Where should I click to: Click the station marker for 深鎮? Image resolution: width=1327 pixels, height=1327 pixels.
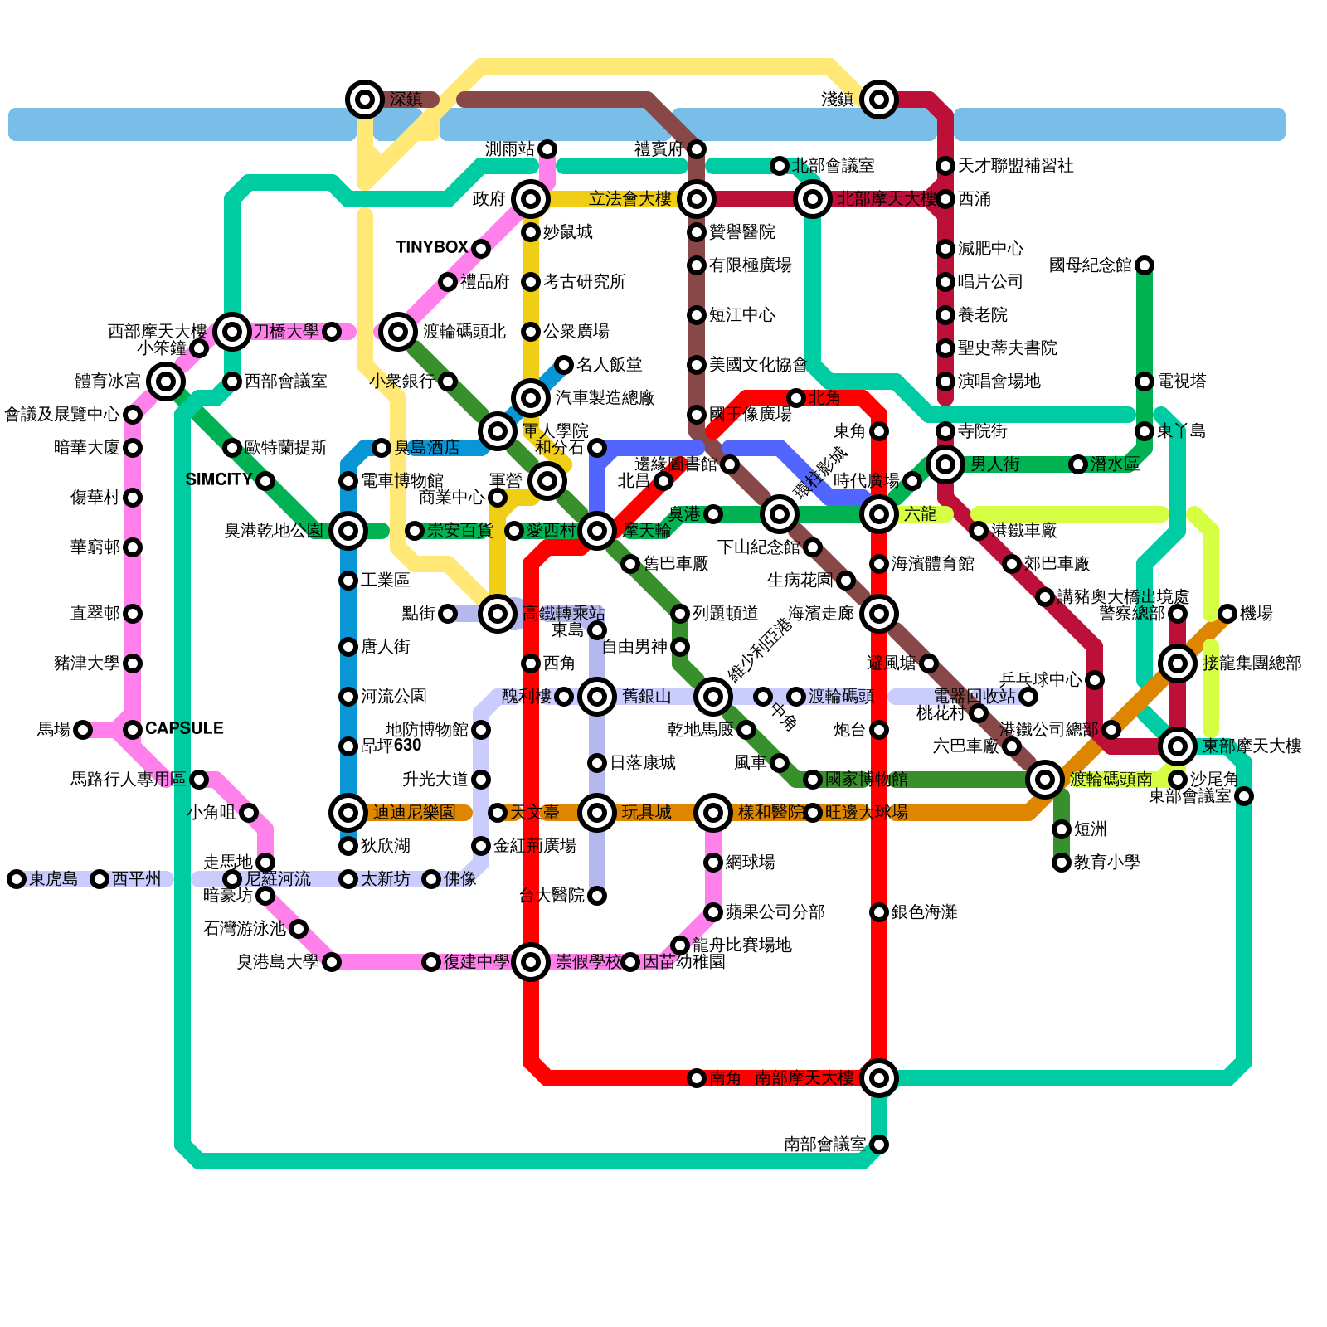pyautogui.click(x=364, y=100)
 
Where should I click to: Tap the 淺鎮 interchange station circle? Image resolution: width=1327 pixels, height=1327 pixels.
pyautogui.click(x=879, y=100)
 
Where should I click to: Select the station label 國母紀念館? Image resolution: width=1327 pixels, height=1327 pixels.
pyautogui.click(x=1090, y=265)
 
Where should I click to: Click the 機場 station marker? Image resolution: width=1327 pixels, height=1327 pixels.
pyautogui.click(x=1227, y=614)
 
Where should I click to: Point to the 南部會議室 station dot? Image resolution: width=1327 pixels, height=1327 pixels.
pyautogui.click(x=879, y=1145)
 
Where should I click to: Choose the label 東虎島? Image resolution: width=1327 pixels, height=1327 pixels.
pyautogui.click(x=53, y=879)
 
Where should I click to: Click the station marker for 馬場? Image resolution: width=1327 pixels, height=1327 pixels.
pyautogui.click(x=83, y=730)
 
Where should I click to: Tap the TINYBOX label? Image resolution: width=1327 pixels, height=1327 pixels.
pyautogui.click(x=432, y=248)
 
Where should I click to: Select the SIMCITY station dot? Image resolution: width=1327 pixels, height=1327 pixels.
pyautogui.click(x=265, y=481)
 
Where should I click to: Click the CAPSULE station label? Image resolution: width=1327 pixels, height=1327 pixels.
pyautogui.click(x=184, y=729)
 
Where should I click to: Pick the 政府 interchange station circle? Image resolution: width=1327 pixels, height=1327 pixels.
pyautogui.click(x=531, y=199)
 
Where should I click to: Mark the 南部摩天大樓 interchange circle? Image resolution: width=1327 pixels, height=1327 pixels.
pyautogui.click(x=879, y=1078)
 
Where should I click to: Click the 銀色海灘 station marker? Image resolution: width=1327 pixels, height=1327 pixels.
pyautogui.click(x=879, y=912)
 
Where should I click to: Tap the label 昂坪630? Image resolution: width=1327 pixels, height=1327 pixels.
pyautogui.click(x=391, y=746)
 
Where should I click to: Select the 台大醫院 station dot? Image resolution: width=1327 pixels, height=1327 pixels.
pyautogui.click(x=597, y=896)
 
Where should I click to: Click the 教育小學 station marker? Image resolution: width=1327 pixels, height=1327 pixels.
pyautogui.click(x=1062, y=863)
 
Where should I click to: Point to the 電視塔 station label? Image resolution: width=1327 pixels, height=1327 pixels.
pyautogui.click(x=1181, y=382)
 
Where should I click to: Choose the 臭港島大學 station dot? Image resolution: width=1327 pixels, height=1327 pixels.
pyautogui.click(x=332, y=962)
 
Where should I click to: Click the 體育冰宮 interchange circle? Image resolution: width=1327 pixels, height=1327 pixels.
pyautogui.click(x=166, y=382)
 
